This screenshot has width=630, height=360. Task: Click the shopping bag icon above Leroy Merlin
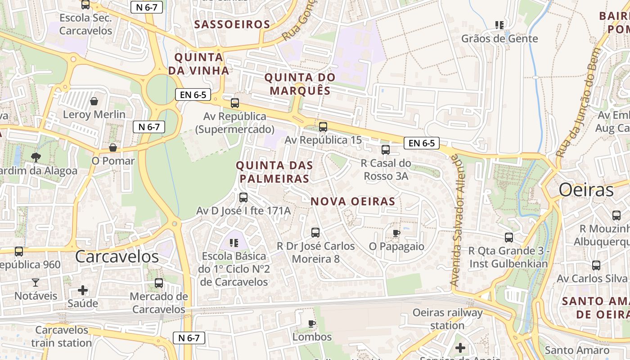94,101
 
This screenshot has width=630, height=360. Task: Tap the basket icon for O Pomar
113,148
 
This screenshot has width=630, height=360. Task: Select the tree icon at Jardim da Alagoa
36,157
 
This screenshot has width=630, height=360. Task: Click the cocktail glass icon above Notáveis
36,283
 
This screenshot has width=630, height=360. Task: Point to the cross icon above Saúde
83,290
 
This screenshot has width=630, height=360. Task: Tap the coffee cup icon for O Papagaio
396,233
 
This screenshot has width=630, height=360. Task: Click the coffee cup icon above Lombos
311,324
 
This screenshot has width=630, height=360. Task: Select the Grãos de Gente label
499,39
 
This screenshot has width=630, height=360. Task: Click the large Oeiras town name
586,190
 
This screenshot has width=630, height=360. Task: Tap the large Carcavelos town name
117,256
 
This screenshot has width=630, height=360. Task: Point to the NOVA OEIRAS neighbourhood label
353,202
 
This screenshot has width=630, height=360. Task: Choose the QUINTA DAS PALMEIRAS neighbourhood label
274,172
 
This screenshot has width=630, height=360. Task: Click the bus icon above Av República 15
323,127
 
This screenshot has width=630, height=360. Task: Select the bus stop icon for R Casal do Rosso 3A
386,150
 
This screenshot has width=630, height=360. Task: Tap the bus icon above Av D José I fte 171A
243,197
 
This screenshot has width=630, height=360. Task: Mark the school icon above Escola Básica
234,243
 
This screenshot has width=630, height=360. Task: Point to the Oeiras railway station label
447,319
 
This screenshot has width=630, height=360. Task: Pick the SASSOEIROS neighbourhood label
232,24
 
